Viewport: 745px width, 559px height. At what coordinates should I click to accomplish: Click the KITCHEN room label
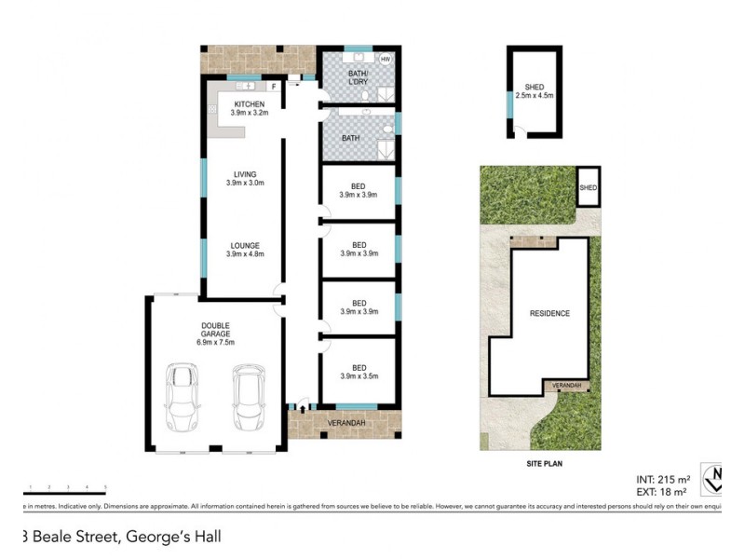click(x=249, y=104)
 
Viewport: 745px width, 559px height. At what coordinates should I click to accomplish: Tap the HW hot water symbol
click(x=385, y=60)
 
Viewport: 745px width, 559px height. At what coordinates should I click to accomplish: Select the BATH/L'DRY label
click(x=358, y=76)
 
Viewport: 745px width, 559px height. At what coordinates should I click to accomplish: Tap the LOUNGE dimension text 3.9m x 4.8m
click(x=246, y=253)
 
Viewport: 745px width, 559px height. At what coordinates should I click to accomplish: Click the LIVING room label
click(x=245, y=173)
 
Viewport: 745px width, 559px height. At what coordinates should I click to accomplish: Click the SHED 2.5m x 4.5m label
click(x=534, y=90)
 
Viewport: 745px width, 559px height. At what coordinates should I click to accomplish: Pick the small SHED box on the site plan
click(x=588, y=187)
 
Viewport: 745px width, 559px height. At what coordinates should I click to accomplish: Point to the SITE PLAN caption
click(x=542, y=463)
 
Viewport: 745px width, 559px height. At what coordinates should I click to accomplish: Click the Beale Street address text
click(x=121, y=537)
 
